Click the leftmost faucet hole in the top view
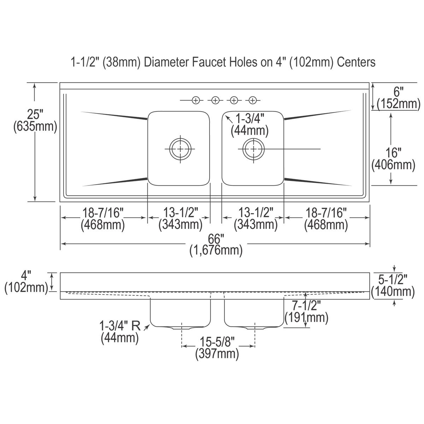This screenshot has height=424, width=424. click(196, 101)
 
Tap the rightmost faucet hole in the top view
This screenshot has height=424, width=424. click(253, 101)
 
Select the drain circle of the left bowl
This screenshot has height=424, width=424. click(181, 149)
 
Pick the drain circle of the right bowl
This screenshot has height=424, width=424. click(254, 149)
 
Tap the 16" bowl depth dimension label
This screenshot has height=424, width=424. click(393, 153)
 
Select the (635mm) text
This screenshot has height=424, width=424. click(35, 127)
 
